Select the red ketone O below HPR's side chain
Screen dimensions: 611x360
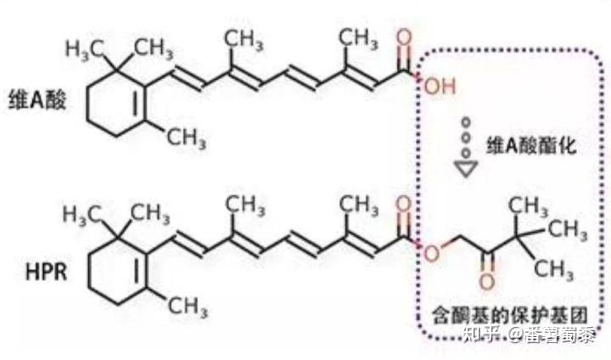[x=486, y=285]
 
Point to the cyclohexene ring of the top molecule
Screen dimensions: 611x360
[x=111, y=106]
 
